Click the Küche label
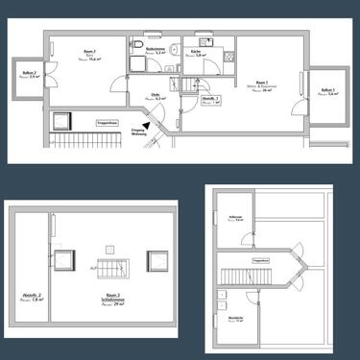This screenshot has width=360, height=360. click(197, 54)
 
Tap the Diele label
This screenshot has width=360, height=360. click(155, 95)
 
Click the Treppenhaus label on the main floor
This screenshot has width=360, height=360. click(107, 123)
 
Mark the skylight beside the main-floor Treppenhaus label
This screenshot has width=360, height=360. click(65, 121)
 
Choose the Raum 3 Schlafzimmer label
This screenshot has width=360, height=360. click(112, 300)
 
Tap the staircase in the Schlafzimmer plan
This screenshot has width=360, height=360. click(108, 263)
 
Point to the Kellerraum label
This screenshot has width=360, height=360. click(236, 219)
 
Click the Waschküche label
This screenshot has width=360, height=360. click(235, 319)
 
